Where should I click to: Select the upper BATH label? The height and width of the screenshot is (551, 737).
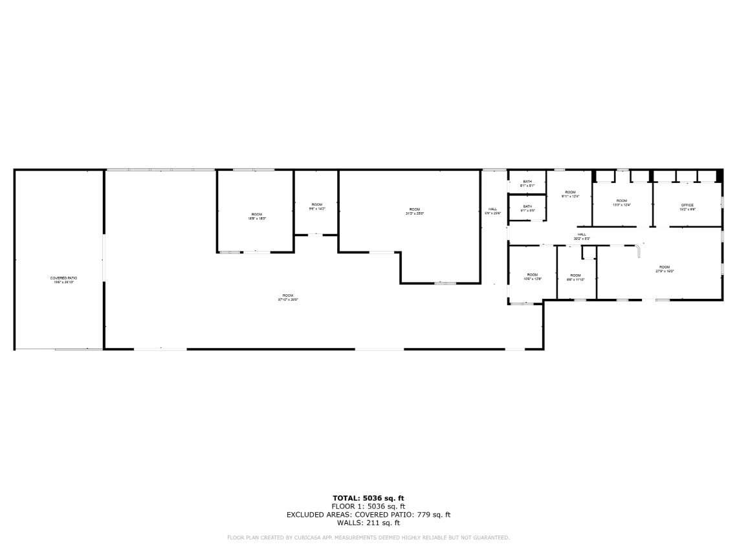527,183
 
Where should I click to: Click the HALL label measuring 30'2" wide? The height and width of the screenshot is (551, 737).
582,236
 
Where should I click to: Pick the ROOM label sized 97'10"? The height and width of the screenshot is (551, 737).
288,297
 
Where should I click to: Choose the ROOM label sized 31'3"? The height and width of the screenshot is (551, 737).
414,211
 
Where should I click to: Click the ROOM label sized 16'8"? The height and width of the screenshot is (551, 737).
257,216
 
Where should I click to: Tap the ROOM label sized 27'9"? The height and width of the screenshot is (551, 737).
665,269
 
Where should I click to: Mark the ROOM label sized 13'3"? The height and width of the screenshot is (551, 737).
621,202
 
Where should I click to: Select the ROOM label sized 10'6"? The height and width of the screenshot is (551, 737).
532,277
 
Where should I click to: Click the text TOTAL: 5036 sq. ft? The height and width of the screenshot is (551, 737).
368,498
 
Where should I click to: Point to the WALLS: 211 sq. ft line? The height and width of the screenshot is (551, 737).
368,523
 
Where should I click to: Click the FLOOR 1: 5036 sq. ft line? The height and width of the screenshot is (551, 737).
368,506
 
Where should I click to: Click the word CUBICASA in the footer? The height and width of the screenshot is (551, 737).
302,537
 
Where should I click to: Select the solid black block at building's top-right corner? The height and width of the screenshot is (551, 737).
719,175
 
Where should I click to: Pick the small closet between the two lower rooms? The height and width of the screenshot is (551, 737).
588,253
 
